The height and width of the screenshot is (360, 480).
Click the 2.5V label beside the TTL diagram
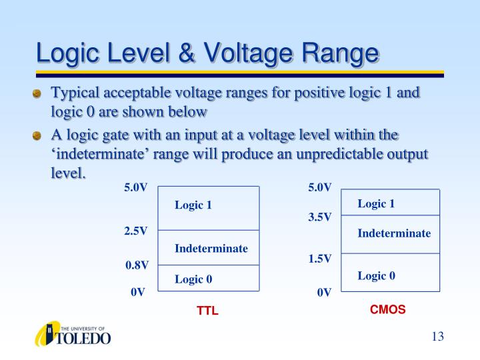coord(135,231)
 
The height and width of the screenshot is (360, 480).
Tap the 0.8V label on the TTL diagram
coord(137,265)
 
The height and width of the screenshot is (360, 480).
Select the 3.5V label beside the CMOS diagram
coord(320,217)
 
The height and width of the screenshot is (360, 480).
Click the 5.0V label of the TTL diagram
coord(135,188)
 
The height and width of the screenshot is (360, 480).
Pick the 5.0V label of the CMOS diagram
coord(320,188)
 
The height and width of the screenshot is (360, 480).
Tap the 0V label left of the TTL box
coord(138,291)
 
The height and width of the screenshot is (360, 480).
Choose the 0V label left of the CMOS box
coord(324,291)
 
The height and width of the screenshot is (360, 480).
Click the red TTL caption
coord(207,311)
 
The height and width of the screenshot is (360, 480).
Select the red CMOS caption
coord(387,309)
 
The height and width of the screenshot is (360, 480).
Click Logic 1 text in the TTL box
coord(193,205)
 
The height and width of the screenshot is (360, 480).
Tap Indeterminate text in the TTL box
coord(211,249)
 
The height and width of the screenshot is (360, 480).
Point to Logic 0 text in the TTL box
coord(193,279)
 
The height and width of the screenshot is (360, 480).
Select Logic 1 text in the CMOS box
coord(376,203)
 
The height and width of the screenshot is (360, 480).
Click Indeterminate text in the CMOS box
coord(394,233)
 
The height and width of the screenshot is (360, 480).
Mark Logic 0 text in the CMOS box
coord(376,275)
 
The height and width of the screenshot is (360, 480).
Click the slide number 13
coord(437,336)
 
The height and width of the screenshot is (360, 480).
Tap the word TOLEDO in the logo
coord(85,338)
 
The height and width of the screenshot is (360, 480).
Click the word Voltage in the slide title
coord(245,53)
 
